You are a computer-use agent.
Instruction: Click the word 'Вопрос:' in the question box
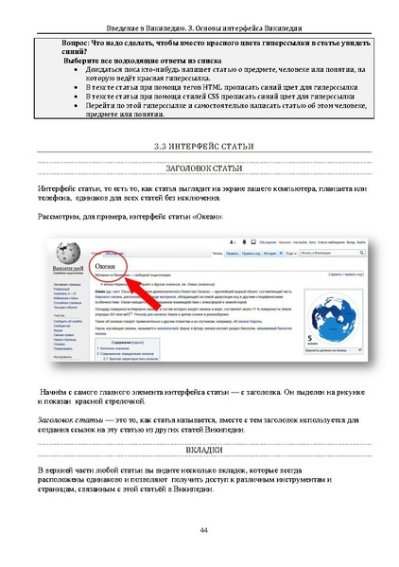[78, 45]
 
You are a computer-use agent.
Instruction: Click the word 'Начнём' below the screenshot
[56, 390]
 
